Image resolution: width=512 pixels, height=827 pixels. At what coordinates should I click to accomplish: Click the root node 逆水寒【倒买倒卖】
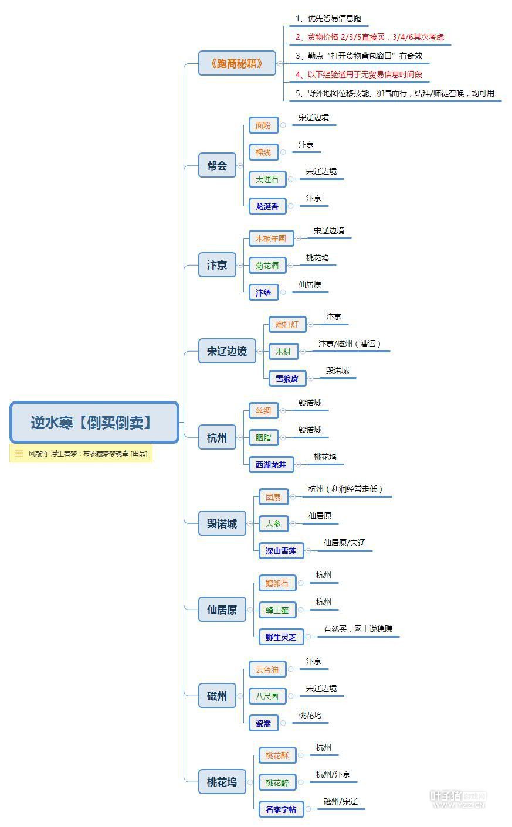click(x=94, y=422)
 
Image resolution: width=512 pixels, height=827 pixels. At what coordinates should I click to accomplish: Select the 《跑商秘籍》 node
click(x=237, y=63)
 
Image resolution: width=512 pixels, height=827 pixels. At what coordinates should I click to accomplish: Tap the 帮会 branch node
click(x=217, y=165)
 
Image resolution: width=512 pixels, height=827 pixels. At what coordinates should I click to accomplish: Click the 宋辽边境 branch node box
click(x=226, y=352)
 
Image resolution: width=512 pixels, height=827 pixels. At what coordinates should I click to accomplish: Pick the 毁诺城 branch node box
click(x=222, y=524)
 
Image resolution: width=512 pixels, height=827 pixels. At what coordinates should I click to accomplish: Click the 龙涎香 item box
click(x=267, y=206)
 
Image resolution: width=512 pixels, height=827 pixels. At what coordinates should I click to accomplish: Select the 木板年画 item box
click(x=271, y=239)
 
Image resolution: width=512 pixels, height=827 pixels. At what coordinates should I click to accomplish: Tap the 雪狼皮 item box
click(x=287, y=379)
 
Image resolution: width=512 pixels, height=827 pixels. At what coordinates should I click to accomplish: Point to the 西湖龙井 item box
click(x=271, y=465)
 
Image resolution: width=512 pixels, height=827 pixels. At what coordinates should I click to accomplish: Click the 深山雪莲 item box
click(x=281, y=551)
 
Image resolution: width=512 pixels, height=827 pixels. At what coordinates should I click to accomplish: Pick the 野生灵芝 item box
click(x=281, y=637)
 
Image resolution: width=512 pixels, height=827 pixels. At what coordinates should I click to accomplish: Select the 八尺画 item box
click(x=267, y=696)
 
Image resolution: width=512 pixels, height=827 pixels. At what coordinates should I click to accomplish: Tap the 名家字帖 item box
click(x=281, y=809)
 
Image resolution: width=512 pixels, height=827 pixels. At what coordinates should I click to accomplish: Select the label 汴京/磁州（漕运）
click(x=350, y=344)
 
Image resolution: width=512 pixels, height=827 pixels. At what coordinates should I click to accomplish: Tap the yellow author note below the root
click(x=81, y=454)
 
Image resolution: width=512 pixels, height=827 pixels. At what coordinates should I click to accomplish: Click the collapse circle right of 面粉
click(x=283, y=125)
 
